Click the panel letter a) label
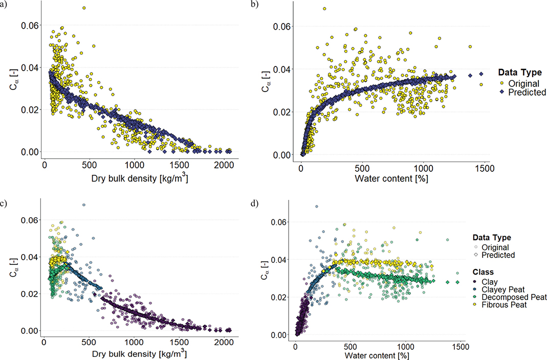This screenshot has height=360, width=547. [x=4, y=5]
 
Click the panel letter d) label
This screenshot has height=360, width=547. [x=255, y=204]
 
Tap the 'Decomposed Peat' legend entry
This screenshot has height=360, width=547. [x=510, y=297]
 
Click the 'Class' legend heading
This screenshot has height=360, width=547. [x=483, y=272]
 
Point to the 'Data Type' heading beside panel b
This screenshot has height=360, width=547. [x=520, y=73]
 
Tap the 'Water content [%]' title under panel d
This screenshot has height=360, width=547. [x=377, y=355]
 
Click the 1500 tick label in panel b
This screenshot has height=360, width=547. [x=485, y=168]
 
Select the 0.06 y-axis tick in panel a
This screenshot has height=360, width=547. [x=30, y=25]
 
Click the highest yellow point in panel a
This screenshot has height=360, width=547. [x=84, y=8]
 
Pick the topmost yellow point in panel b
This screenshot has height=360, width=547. [x=324, y=9]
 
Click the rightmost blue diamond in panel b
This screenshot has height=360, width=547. [x=481, y=74]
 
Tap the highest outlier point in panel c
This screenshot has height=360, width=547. [x=84, y=205]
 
